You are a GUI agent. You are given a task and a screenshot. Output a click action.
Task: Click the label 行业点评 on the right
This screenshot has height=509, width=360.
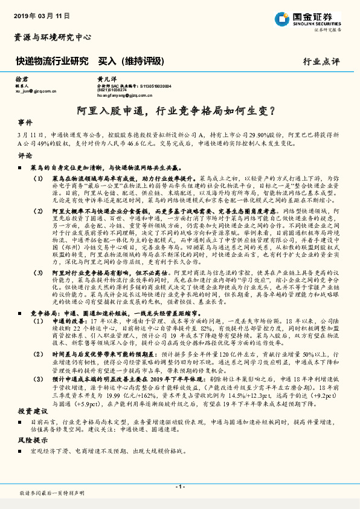coord(321,62)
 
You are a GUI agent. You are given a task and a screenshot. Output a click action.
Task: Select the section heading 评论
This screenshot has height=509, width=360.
coord(25,155)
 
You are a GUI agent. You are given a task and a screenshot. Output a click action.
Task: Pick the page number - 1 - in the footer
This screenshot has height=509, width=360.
coord(179,485)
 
